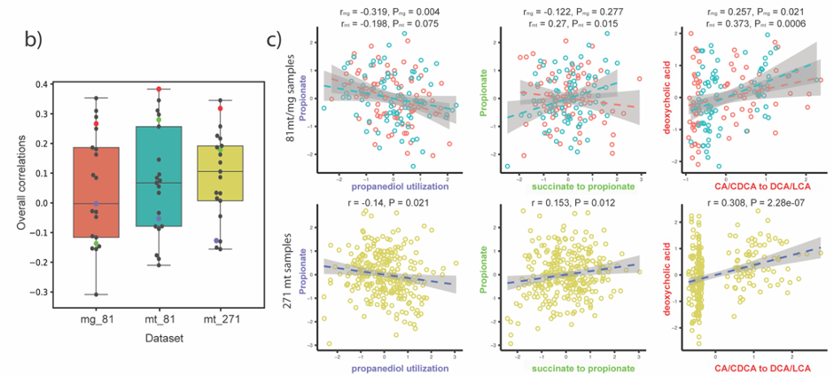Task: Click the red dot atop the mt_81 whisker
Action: click(x=159, y=90)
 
